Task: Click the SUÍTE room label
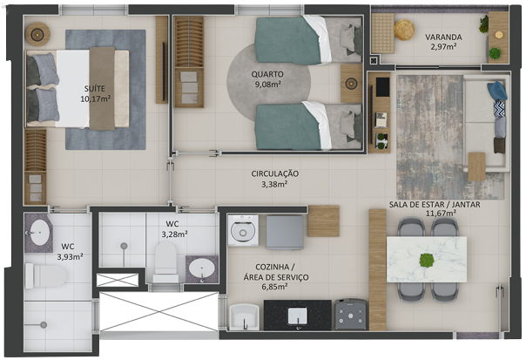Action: [x=95, y=89]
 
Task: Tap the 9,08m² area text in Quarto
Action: [x=268, y=85]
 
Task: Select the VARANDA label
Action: [x=443, y=37]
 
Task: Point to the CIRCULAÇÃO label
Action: [x=274, y=174]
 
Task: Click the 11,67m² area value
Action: [x=441, y=213]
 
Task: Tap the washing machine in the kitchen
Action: [x=243, y=230]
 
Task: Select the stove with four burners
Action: [x=351, y=314]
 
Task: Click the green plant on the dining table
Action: [x=427, y=260]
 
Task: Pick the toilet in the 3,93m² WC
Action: [x=45, y=276]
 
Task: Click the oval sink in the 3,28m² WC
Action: [x=202, y=268]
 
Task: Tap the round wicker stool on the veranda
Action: [x=404, y=31]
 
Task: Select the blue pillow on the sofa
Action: [x=497, y=91]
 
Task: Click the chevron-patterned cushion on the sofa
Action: [x=499, y=109]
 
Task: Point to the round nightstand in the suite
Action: [x=37, y=34]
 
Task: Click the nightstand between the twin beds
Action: [x=351, y=84]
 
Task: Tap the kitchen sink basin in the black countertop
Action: [x=297, y=316]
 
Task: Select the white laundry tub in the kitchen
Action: [x=244, y=316]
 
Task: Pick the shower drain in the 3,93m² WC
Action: [x=44, y=325]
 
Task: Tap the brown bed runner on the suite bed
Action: [x=102, y=88]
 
